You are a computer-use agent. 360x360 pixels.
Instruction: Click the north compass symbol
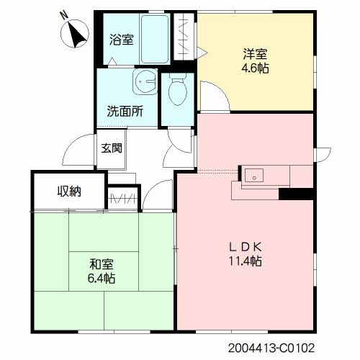tap(75, 33)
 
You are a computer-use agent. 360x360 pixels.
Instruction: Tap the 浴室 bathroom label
tap(121, 40)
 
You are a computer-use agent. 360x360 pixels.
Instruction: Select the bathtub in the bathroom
tap(155, 39)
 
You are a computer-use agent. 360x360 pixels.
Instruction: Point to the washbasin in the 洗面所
tap(145, 81)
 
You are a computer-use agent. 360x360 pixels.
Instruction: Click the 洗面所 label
tap(125, 111)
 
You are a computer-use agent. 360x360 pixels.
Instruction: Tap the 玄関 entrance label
tap(112, 148)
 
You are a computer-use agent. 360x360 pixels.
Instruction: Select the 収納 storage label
tap(69, 192)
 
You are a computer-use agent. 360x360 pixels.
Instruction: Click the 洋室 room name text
tap(255, 54)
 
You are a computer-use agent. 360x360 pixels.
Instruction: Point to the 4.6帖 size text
tap(255, 68)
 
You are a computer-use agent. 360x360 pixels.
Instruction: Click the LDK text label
tap(245, 247)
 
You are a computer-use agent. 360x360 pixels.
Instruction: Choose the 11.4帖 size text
tap(245, 261)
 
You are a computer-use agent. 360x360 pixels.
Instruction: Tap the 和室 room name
tap(102, 264)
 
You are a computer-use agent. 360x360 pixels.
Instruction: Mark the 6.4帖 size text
tap(102, 279)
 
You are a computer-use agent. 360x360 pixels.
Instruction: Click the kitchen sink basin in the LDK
tap(254, 175)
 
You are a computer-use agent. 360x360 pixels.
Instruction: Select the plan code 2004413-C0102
tap(271, 348)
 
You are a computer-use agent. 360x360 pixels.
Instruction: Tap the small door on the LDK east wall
tap(323, 155)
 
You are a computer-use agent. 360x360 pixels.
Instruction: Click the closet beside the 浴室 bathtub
tap(184, 37)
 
